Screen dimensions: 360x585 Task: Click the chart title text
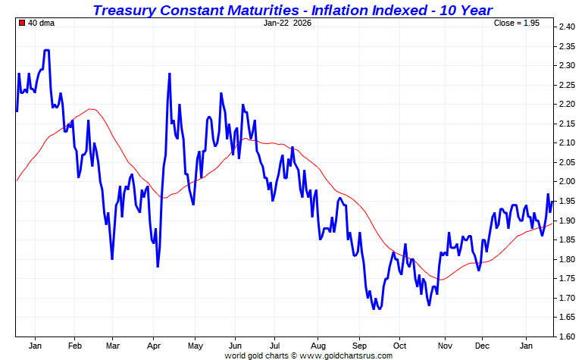pyautogui.click(x=292, y=10)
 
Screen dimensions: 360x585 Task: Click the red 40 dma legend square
pyautogui.click(x=22, y=23)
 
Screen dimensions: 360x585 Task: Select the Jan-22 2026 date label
pyautogui.click(x=287, y=23)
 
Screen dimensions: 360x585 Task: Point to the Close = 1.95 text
pyautogui.click(x=517, y=23)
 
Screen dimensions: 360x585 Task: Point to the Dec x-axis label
pyautogui.click(x=481, y=346)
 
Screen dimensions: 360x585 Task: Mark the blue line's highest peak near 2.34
pyautogui.click(x=47, y=50)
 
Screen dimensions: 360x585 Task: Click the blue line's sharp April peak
pyautogui.click(x=169, y=74)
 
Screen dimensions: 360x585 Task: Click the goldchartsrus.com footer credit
pyautogui.click(x=308, y=355)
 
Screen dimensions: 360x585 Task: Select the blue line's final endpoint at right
pyautogui.click(x=552, y=201)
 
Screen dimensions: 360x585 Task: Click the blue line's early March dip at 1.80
pyautogui.click(x=112, y=258)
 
